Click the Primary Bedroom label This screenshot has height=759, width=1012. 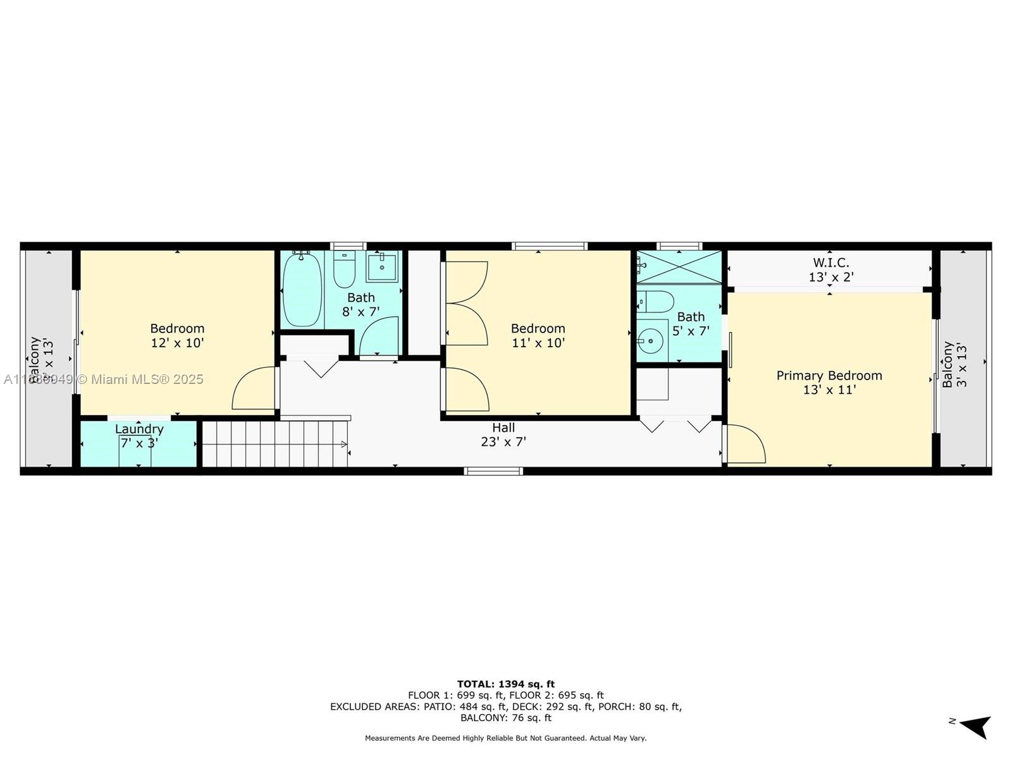pyautogui.click(x=829, y=376)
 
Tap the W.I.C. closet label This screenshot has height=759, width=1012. pyautogui.click(x=830, y=262)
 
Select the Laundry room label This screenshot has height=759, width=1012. pyautogui.click(x=139, y=429)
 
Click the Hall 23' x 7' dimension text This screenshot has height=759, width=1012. pyautogui.click(x=503, y=442)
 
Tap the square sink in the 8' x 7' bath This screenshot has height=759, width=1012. pyautogui.click(x=381, y=266)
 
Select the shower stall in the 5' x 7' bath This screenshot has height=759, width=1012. pyautogui.click(x=679, y=267)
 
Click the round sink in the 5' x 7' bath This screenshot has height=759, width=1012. pyautogui.click(x=650, y=342)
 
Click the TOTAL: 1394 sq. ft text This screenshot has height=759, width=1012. pyautogui.click(x=505, y=684)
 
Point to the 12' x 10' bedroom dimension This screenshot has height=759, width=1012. pyautogui.click(x=177, y=343)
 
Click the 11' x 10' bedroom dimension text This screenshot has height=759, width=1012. pyautogui.click(x=538, y=343)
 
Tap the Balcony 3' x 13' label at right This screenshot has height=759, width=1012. pyautogui.click(x=954, y=365)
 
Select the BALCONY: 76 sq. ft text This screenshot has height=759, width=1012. pyautogui.click(x=505, y=718)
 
